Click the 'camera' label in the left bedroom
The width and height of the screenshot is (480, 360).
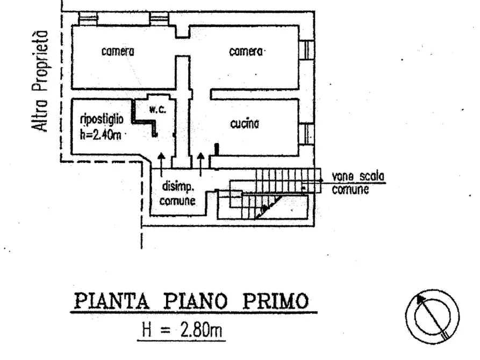pos(118,52)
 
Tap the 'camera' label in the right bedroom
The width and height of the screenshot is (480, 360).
pos(246,52)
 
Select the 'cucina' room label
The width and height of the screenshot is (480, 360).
pos(245,124)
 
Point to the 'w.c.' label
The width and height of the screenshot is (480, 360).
pos(158,110)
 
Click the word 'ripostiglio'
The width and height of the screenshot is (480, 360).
pos(102,119)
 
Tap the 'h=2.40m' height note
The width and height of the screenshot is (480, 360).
pos(101,135)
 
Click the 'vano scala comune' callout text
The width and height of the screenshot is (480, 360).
pos(358,183)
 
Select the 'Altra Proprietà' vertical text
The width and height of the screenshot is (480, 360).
pos(41,81)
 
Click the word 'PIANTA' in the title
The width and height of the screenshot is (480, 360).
pos(112,301)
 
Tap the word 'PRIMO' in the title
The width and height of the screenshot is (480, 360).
pos(276,301)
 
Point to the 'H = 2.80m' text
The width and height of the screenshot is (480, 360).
pos(182,330)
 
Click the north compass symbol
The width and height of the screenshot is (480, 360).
pos(432,316)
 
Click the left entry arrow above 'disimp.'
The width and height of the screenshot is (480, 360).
pos(161,165)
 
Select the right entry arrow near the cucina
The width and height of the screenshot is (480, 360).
pos(200,165)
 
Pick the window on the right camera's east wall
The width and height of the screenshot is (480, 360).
pos(306,50)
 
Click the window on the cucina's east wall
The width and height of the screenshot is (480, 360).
pos(306,134)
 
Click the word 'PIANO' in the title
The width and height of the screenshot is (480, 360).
pos(196,301)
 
